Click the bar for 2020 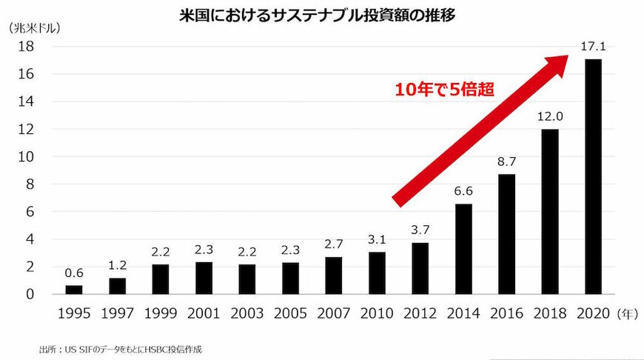[x=593, y=176]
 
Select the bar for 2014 [x=463, y=249]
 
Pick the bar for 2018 [x=549, y=212]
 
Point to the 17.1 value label [x=593, y=47]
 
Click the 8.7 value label [x=506, y=161]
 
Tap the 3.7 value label [x=420, y=229]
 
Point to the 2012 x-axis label [x=420, y=313]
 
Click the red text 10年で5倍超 [x=443, y=90]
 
